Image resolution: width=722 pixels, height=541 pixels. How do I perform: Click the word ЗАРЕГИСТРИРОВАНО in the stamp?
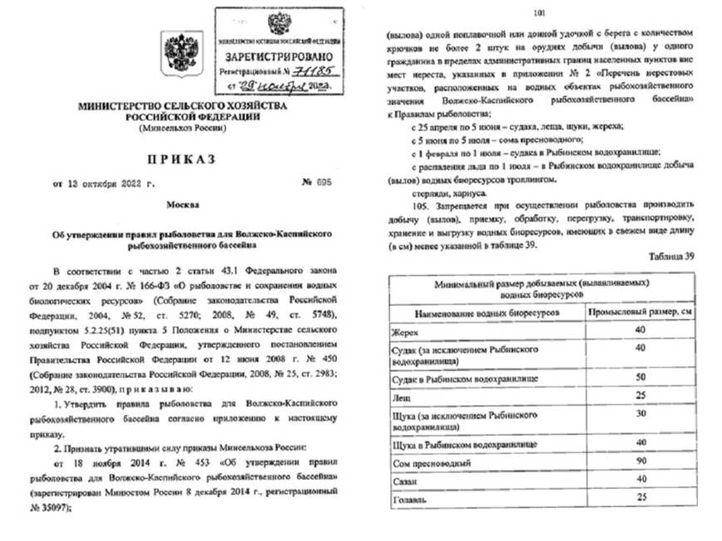click(278, 57)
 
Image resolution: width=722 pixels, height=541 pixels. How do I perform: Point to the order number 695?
click(321, 181)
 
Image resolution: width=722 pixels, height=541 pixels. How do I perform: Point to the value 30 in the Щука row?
click(640, 414)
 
